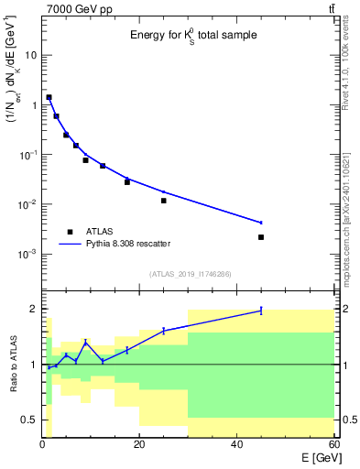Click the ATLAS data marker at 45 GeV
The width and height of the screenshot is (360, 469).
261,237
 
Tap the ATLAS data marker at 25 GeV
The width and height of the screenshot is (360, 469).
164,201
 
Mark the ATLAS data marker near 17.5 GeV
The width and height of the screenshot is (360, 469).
127,182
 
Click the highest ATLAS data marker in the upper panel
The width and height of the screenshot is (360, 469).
49,97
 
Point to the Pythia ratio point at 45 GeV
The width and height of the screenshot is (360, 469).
261,311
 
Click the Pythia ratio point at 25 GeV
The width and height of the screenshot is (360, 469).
164,330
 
